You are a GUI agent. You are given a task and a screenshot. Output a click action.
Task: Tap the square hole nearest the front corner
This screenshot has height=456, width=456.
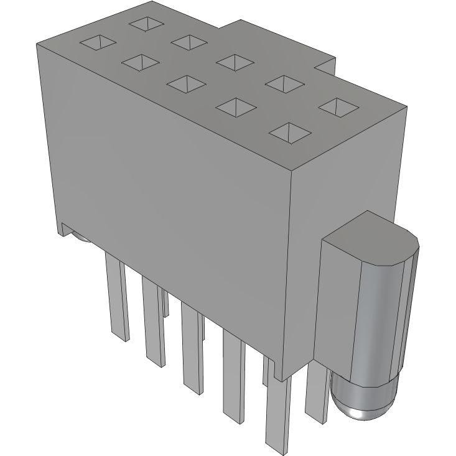tap(290, 132)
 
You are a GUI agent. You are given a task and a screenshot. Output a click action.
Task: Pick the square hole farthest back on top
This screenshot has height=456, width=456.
tap(147, 24)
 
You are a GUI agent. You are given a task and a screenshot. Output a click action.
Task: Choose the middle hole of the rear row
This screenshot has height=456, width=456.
tap(235, 61)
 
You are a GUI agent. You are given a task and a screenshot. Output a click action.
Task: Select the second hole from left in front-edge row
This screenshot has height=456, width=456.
tap(140, 62)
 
